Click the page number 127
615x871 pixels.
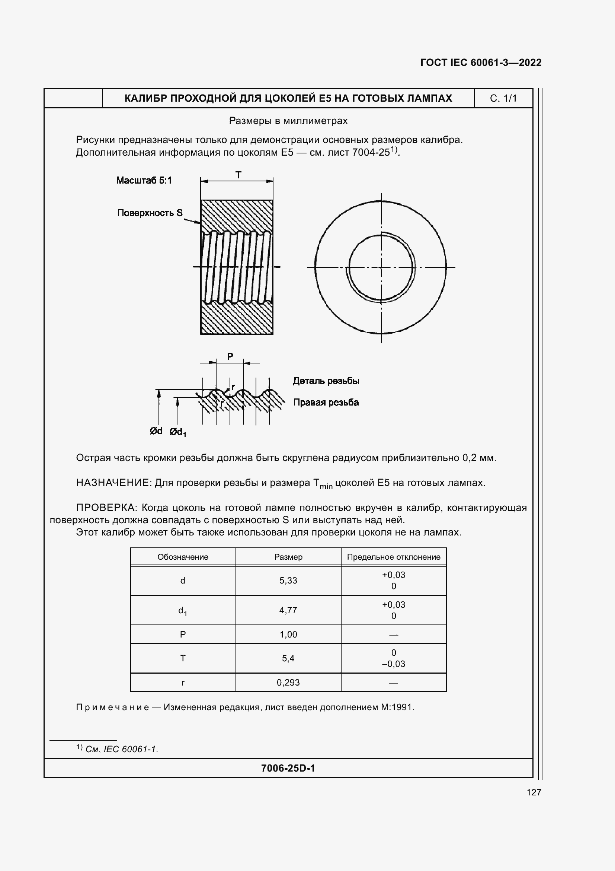(x=534, y=792)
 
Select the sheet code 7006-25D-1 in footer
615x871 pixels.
(x=288, y=768)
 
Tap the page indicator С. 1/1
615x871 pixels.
(x=503, y=98)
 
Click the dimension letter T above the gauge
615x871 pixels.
(x=238, y=175)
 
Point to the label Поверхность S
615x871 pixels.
(x=150, y=213)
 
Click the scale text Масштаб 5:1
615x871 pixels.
(x=144, y=180)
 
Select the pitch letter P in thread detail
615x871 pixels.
(x=230, y=357)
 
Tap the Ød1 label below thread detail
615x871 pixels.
(x=178, y=432)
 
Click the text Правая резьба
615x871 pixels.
(x=326, y=403)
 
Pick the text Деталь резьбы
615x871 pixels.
(x=326, y=381)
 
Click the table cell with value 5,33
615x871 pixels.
(x=288, y=581)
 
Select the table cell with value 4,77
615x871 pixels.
(x=288, y=610)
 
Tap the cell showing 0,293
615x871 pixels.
(x=288, y=683)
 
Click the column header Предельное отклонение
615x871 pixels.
(x=394, y=557)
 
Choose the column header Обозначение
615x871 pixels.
(x=183, y=557)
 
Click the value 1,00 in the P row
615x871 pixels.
(x=288, y=634)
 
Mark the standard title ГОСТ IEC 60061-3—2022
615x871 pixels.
(x=480, y=63)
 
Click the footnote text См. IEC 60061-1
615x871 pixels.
(x=121, y=749)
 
